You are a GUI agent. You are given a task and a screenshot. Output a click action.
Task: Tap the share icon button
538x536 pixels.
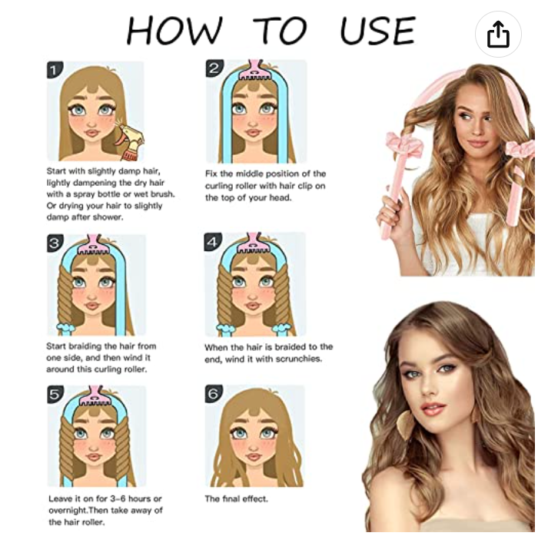[x=498, y=34]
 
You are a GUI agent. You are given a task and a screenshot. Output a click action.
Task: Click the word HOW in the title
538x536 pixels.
[x=174, y=31]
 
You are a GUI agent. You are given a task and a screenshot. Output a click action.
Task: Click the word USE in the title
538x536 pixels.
[x=378, y=31]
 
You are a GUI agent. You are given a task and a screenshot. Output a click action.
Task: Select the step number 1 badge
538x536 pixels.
[x=55, y=70]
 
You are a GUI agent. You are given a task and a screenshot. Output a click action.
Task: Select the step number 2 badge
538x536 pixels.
[x=214, y=68]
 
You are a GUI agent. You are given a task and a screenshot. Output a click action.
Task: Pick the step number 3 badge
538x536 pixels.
[x=55, y=243]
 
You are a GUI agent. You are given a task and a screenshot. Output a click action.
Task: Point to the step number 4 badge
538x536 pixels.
[x=213, y=242]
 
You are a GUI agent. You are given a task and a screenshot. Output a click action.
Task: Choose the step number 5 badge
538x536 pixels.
[x=55, y=395]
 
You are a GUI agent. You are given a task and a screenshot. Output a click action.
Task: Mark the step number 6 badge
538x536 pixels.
[x=214, y=393]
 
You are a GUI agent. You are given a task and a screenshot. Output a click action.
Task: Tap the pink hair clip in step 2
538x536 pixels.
[x=254, y=71]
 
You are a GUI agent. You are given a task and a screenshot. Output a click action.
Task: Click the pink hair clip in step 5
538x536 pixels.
[x=96, y=396]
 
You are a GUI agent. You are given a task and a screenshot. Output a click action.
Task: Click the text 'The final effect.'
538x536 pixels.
[x=236, y=498]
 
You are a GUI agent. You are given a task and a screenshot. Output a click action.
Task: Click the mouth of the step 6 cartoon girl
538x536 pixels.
[x=254, y=456]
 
